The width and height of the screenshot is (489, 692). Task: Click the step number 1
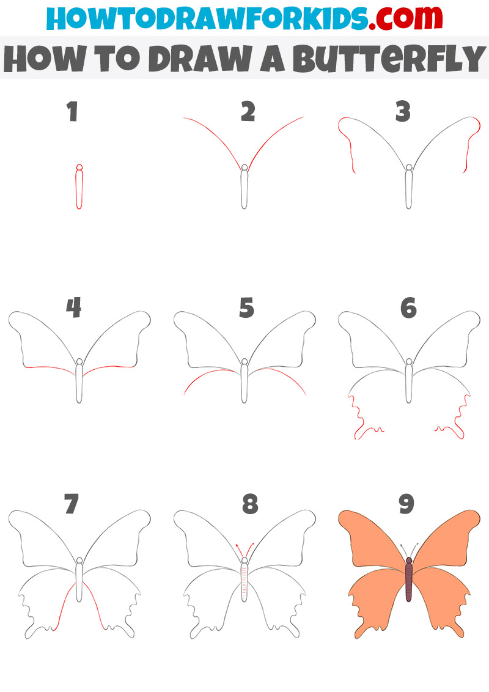tap(73, 112)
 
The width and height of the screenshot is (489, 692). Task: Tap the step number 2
tap(248, 112)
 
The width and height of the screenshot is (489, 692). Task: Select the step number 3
tap(403, 112)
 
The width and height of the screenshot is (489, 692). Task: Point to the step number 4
tap(74, 307)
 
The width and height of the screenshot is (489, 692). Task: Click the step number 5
tap(247, 307)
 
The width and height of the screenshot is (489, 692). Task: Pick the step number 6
tap(409, 307)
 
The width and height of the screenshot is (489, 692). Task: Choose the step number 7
tap(72, 504)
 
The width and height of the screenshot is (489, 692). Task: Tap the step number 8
tap(250, 504)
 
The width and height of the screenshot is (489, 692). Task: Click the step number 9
tap(406, 504)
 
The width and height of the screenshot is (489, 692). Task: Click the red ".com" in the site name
tap(406, 18)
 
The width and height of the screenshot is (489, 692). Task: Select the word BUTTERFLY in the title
tap(389, 58)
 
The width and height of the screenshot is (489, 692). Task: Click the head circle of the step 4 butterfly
tap(79, 361)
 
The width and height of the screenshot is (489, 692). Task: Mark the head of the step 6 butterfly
tap(409, 361)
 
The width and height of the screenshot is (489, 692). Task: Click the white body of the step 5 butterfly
tap(244, 383)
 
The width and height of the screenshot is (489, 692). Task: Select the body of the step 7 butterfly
tap(79, 582)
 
